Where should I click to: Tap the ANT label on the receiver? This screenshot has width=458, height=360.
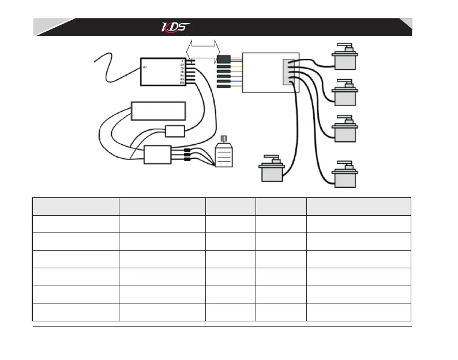point(145,68)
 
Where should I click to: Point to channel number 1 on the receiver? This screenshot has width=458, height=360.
point(182,61)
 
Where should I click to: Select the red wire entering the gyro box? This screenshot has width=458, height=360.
point(236,59)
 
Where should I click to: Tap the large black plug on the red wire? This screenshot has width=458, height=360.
point(223,59)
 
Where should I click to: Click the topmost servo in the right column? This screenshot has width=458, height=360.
point(346,58)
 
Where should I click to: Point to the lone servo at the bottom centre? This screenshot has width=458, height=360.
point(272,168)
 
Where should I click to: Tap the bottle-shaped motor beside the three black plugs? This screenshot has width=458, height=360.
point(224,154)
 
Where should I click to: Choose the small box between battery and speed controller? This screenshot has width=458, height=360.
point(174,131)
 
